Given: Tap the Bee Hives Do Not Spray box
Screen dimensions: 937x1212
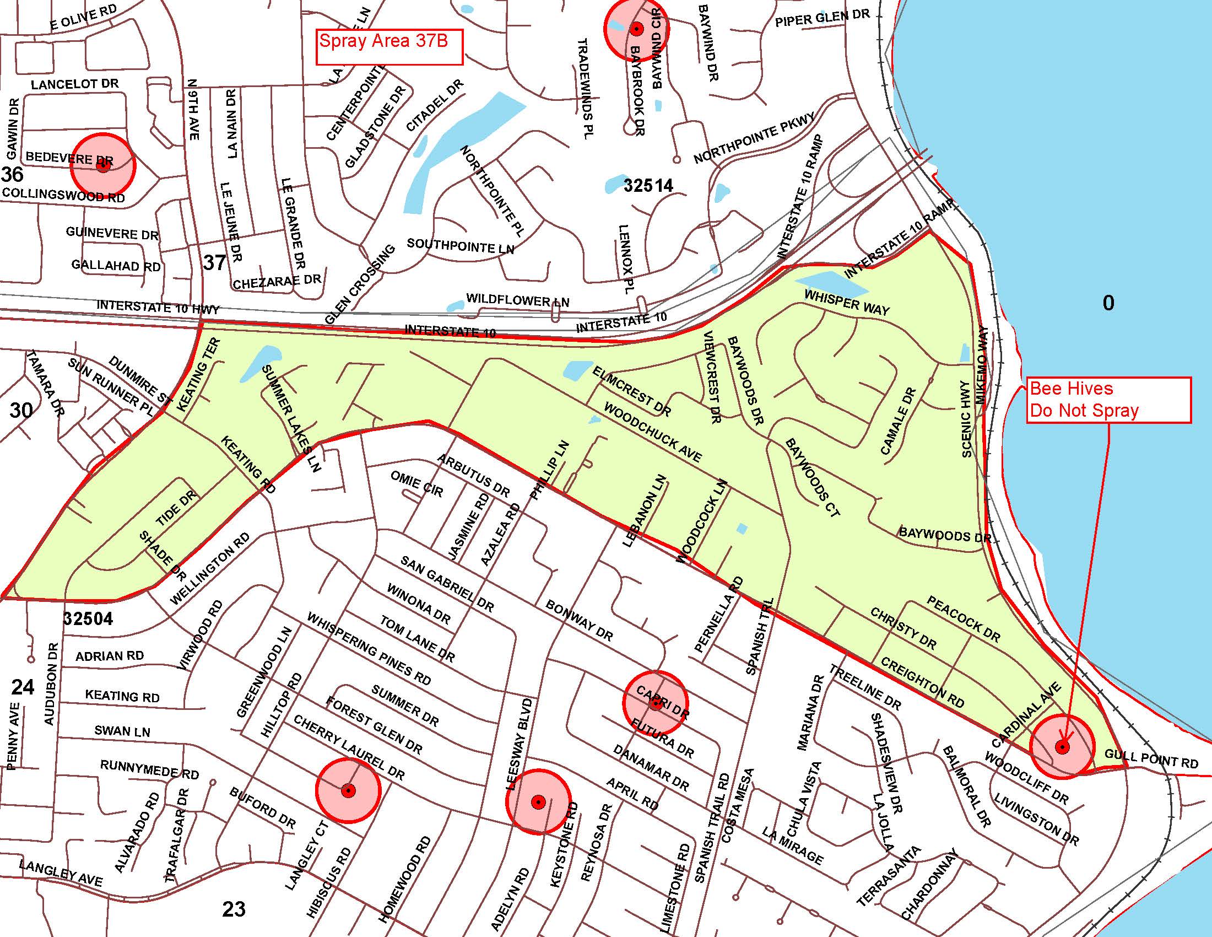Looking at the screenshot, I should (1108, 400).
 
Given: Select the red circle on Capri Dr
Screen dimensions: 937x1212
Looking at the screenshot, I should (656, 704).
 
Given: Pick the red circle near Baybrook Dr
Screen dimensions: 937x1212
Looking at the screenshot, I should (636, 28).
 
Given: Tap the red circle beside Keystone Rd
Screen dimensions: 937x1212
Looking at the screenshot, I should (538, 801).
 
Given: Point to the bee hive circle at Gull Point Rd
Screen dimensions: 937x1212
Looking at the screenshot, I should (1062, 747).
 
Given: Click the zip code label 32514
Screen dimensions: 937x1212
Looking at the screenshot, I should (648, 185).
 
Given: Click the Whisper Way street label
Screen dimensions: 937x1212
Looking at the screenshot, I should (847, 303).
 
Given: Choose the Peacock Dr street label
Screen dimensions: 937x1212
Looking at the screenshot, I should (964, 620).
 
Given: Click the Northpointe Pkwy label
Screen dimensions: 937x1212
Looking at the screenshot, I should (754, 138).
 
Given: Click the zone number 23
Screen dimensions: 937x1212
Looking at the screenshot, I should (234, 909).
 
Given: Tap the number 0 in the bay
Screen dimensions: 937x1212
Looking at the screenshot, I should (1108, 303).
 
